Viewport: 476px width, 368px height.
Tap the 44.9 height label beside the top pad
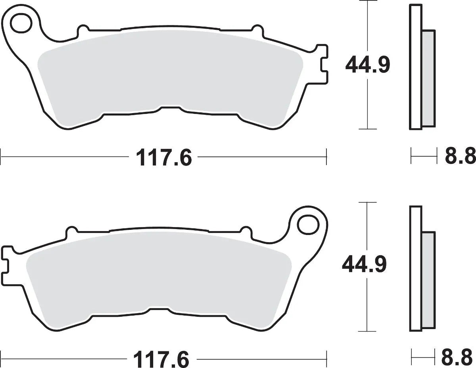368,65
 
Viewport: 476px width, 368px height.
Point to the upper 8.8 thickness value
459,156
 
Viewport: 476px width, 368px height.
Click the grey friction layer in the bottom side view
428,281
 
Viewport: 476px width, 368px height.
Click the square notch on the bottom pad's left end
6,265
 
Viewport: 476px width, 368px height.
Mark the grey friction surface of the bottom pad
159,278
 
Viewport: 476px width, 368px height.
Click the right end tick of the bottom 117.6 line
326,358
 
